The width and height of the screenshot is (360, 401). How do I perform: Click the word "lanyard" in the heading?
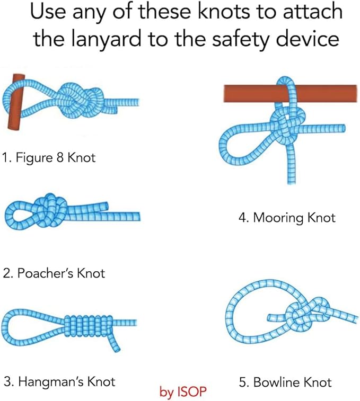point(106,40)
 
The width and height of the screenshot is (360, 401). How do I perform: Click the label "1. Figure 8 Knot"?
point(49,157)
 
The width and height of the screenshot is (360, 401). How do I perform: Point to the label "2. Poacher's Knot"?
point(54,273)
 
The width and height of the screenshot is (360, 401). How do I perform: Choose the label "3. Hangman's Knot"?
point(59,382)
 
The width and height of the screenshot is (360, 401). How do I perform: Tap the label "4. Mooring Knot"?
point(287,218)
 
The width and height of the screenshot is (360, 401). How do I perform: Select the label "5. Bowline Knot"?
point(285,382)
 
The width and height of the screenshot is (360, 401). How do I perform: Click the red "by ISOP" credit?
point(183,392)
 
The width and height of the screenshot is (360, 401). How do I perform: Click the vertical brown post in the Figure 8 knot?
point(16,102)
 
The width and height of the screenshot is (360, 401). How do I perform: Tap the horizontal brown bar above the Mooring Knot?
point(290,93)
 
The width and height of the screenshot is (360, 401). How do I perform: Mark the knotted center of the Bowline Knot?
point(308,313)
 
